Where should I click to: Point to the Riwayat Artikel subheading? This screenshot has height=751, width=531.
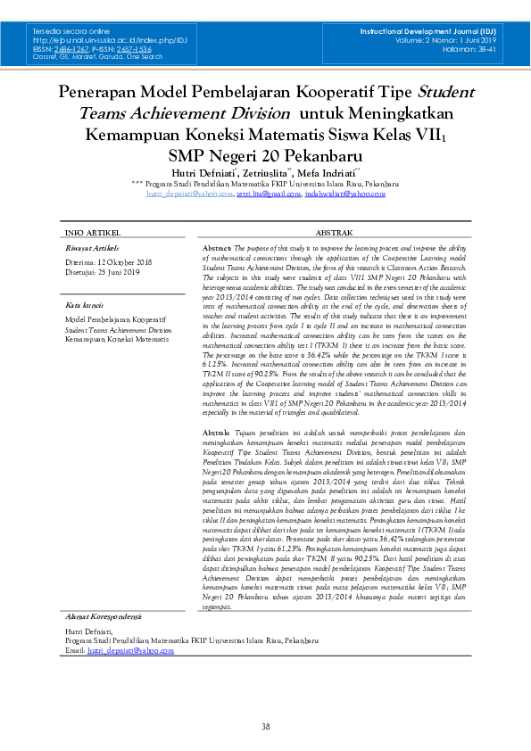[92, 247]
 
